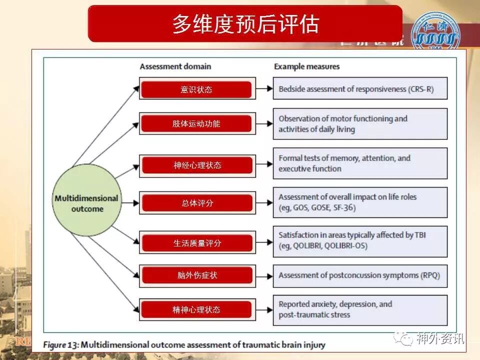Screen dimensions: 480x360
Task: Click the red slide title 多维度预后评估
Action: [245, 23]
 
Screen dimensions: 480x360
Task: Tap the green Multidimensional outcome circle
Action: [86, 202]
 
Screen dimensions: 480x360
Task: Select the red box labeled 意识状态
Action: [196, 89]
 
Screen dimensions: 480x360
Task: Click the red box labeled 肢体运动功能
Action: [196, 123]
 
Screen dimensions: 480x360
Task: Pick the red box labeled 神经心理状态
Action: [196, 164]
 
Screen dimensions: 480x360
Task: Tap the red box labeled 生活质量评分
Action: [196, 243]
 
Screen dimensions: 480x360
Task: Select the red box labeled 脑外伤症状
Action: [196, 275]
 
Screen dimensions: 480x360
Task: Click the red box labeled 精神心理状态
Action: [196, 309]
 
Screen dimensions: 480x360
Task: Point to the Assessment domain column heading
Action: [175, 66]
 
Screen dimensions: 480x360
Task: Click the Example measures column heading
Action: [306, 66]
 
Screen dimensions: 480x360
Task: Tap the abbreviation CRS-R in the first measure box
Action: [421, 89]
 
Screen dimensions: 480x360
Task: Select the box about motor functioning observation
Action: [360, 124]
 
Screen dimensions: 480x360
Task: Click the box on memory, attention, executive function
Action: [360, 163]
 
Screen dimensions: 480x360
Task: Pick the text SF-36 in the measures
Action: [343, 207]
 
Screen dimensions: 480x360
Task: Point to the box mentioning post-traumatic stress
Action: [360, 309]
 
